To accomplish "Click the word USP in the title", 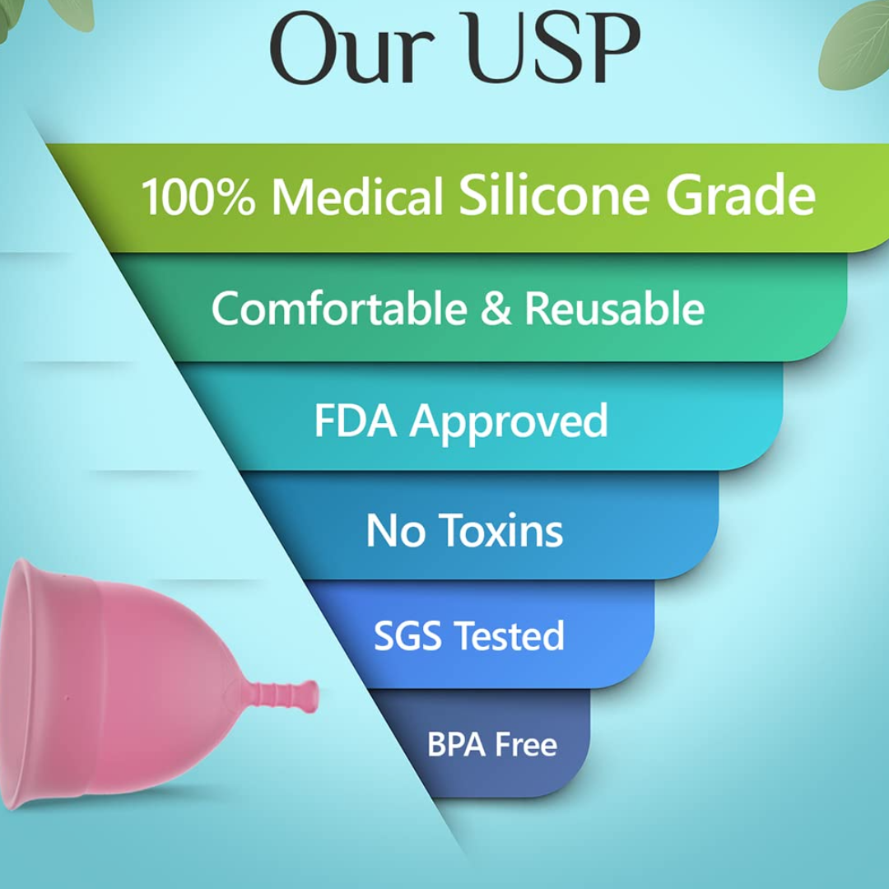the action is point(554,48).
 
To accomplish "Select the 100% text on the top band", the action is point(198,196).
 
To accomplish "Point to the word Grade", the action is point(741,194).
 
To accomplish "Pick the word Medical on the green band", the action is point(357,196).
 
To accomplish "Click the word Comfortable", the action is point(340,308).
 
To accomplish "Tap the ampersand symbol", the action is point(496,308).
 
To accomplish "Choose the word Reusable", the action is point(615,308).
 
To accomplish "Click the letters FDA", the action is point(356,420).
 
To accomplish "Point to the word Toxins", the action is point(500,530).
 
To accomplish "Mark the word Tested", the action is point(510,635).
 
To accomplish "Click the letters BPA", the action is point(456,744).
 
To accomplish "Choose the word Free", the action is point(526,744).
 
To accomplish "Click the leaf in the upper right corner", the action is point(856,44).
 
